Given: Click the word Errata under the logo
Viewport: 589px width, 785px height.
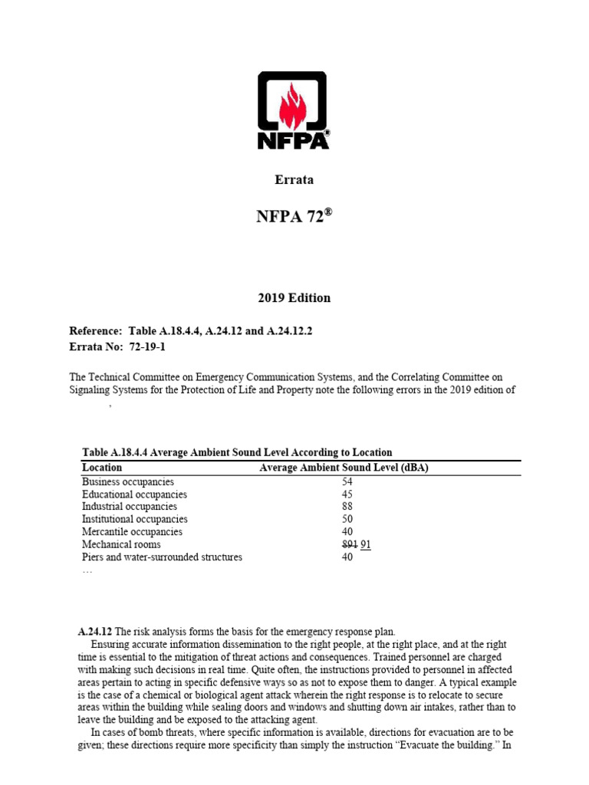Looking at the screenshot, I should click(x=294, y=180).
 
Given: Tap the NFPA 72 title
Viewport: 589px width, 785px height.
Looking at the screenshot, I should click(x=294, y=217).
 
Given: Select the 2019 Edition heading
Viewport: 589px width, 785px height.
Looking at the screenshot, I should click(x=294, y=297).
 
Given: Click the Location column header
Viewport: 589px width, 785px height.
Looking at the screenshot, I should click(x=102, y=468).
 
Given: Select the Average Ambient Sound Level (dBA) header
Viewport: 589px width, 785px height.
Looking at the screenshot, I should click(x=344, y=468).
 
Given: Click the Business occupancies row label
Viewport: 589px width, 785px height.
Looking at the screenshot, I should click(x=128, y=482).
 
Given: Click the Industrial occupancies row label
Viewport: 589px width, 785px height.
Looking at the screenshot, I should click(x=130, y=507).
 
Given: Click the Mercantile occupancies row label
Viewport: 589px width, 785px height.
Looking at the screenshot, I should click(x=132, y=532).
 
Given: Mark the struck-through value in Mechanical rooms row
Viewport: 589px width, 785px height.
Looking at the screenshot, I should click(x=350, y=544).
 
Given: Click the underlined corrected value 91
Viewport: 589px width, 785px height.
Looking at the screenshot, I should click(x=366, y=544).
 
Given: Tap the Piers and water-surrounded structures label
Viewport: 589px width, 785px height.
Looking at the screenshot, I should click(x=162, y=557).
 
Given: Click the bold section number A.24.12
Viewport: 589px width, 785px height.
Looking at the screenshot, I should click(x=95, y=632).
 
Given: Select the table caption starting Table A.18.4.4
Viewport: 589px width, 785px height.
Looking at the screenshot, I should click(x=237, y=452).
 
